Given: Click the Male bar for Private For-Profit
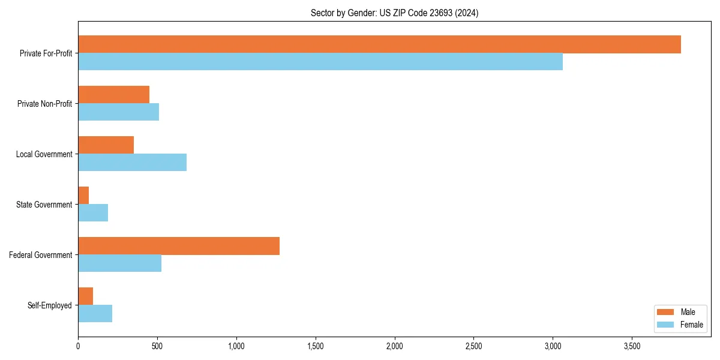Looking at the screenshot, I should (x=379, y=44).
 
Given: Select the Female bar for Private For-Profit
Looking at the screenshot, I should (x=320, y=62).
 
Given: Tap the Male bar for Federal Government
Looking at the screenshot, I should (x=179, y=246).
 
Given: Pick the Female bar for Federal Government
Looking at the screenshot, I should (x=119, y=263).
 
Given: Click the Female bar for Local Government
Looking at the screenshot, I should (x=132, y=163).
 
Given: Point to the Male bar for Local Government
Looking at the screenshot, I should (x=106, y=145).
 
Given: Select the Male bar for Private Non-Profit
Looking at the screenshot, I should (x=113, y=95).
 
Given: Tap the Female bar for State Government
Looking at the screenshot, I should (x=93, y=213).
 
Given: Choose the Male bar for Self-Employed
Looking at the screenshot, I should (x=85, y=296).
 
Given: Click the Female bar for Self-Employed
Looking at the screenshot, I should (x=95, y=314).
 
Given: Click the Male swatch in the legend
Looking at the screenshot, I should (x=666, y=312).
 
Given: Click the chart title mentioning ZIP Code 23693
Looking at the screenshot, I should (x=394, y=13).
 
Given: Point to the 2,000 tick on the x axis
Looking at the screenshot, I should (x=395, y=346).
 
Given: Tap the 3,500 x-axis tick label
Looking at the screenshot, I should (x=632, y=346).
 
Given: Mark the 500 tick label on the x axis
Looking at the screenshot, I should (x=157, y=346).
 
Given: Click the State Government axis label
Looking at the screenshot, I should (x=44, y=205).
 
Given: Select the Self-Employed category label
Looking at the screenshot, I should (x=50, y=305).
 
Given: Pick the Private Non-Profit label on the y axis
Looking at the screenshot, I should (x=44, y=104).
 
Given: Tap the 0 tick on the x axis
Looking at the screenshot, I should (x=78, y=346).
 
